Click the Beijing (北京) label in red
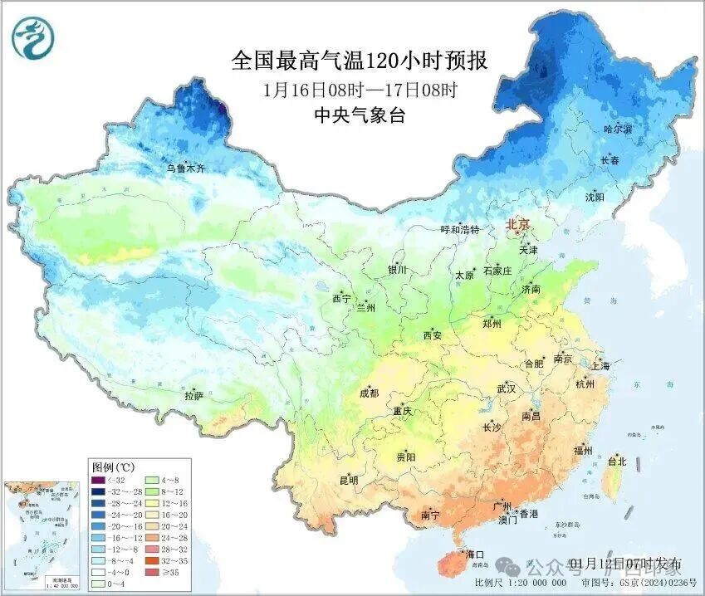pyautogui.click(x=517, y=224)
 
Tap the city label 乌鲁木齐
pyautogui.click(x=184, y=169)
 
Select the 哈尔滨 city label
pyautogui.click(x=617, y=129)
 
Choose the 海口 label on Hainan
pyautogui.click(x=474, y=554)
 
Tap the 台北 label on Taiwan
pyautogui.click(x=617, y=462)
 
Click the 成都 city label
pyautogui.click(x=369, y=393)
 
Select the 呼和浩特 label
pyautogui.click(x=459, y=229)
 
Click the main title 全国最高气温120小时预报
pyautogui.click(x=359, y=61)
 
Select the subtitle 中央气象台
pyautogui.click(x=359, y=115)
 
